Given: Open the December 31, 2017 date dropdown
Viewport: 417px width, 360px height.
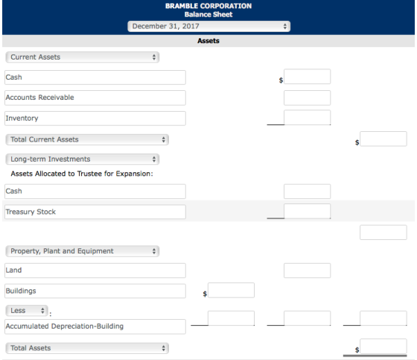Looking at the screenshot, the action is click(x=208, y=26).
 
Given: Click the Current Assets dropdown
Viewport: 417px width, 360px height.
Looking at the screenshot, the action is click(x=83, y=57).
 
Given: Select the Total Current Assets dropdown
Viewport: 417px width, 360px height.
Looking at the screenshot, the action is click(x=87, y=139).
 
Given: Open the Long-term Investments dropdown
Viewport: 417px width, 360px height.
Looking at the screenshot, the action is click(x=83, y=160).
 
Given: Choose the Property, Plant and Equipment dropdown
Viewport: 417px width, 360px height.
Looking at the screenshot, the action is click(x=83, y=251).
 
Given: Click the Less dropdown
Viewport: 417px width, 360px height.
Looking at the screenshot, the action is click(x=27, y=311).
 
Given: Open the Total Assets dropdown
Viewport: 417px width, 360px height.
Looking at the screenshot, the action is click(x=87, y=348).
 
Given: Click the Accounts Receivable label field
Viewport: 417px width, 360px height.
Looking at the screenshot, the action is click(x=95, y=98).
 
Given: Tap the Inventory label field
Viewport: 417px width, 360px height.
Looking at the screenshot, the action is click(x=95, y=119).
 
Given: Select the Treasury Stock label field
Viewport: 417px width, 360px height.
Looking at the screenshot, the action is click(x=95, y=212).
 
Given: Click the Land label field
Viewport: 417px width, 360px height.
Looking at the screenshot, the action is click(x=95, y=271).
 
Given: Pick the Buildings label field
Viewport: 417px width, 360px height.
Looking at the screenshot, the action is click(x=95, y=291).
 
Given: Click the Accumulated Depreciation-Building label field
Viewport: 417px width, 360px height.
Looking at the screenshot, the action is click(x=95, y=326).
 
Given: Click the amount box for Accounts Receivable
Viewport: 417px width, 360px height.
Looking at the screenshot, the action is click(x=307, y=98).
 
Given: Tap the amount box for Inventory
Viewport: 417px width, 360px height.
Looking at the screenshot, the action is click(x=307, y=118).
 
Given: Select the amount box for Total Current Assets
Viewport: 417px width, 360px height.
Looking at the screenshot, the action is click(x=383, y=139).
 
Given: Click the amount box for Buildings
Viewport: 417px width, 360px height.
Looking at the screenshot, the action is click(x=231, y=290).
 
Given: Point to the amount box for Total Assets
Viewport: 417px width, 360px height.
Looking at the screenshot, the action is click(x=383, y=346).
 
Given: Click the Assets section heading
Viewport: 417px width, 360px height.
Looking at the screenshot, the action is click(x=208, y=41).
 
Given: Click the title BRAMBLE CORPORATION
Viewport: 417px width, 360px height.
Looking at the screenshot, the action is click(x=208, y=6).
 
